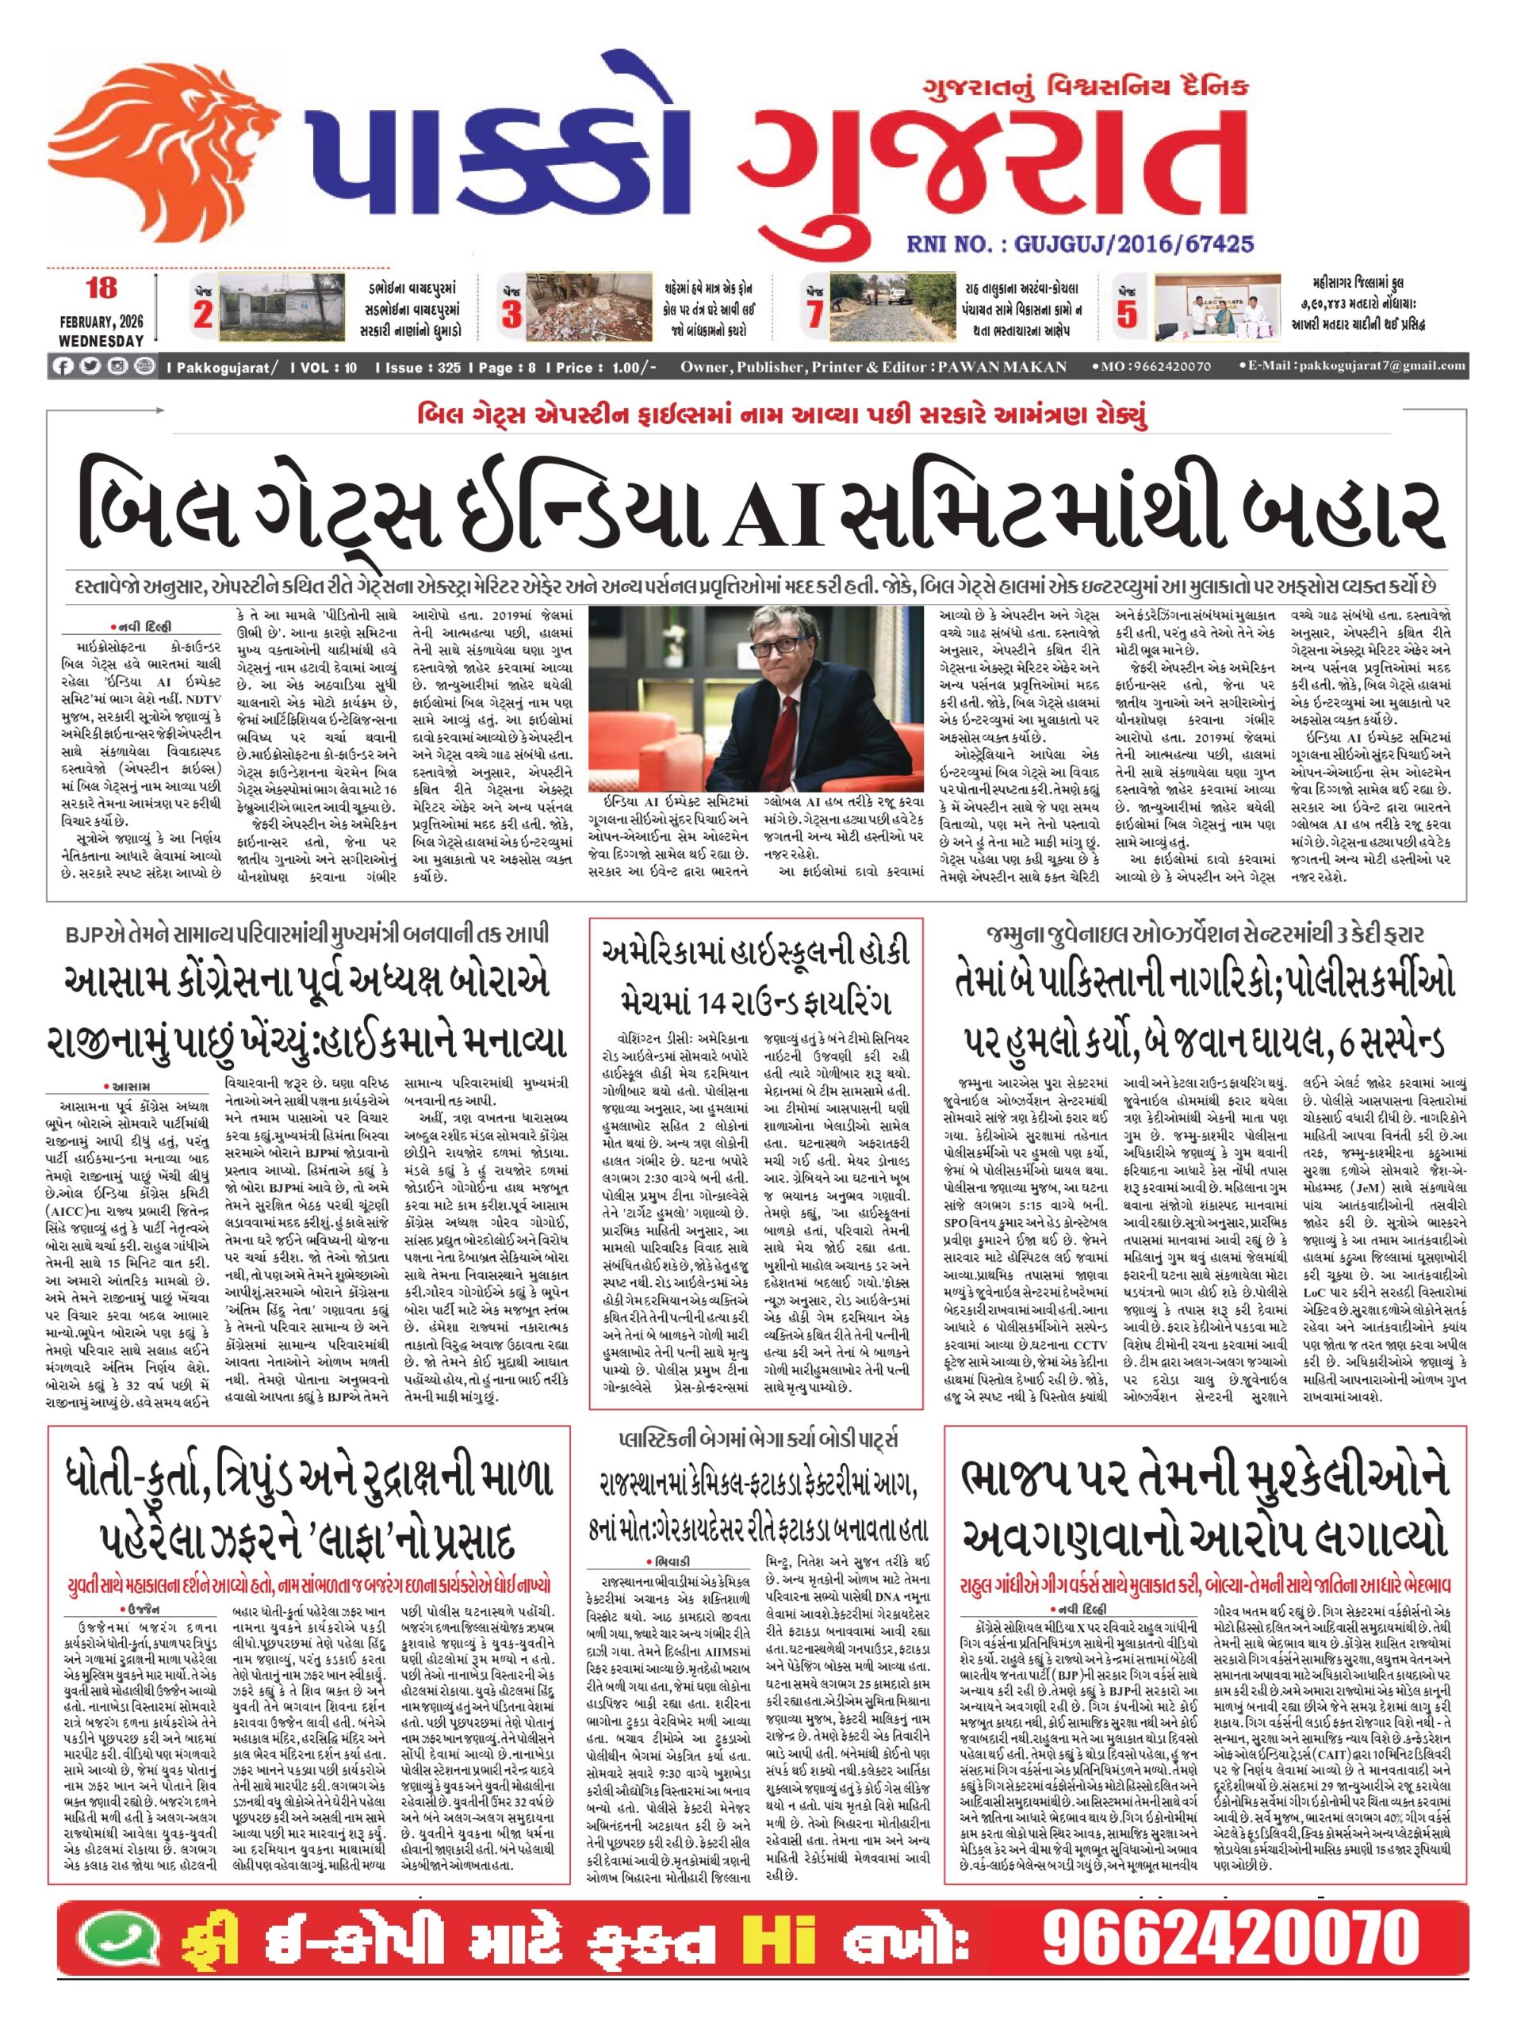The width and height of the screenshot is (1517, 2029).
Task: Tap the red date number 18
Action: click(101, 289)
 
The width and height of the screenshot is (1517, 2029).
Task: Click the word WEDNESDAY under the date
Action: click(101, 340)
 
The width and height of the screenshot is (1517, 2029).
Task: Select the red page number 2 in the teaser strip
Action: click(203, 315)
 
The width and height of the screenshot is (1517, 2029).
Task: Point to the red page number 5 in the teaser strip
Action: click(1126, 315)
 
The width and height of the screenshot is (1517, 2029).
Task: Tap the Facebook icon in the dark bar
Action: click(63, 366)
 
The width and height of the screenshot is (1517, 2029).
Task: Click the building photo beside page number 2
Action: click(282, 308)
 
